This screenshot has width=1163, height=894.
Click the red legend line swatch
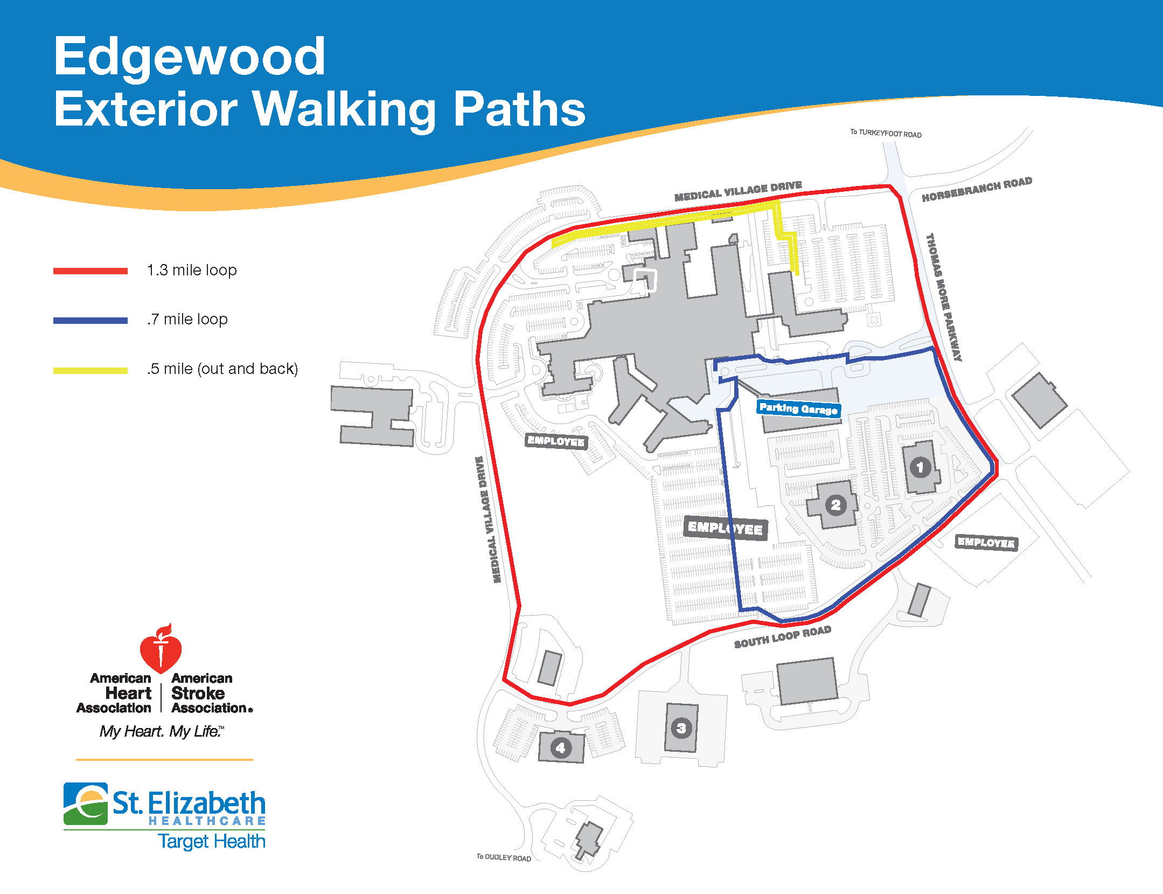[x=90, y=271]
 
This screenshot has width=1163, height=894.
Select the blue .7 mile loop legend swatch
[x=90, y=321]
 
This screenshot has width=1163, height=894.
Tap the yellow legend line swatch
[x=90, y=370]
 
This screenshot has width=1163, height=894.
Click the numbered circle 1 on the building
[x=920, y=467]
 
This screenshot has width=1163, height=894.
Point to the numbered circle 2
[x=835, y=505]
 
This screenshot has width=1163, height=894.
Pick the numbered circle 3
[x=681, y=729]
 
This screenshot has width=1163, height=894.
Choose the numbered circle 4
[x=561, y=748]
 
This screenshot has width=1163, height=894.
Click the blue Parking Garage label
[x=798, y=408]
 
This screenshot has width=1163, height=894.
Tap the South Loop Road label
[x=783, y=637]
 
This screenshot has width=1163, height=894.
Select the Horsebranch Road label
[x=977, y=189]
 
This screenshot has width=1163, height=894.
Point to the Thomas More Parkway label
[x=944, y=297]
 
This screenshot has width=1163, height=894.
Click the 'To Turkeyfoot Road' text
[x=886, y=133]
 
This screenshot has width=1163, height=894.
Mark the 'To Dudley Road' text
[x=504, y=857]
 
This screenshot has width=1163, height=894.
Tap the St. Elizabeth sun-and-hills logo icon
[x=86, y=804]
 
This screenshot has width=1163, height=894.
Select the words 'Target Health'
[x=212, y=841]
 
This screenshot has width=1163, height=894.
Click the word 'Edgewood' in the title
[x=190, y=56]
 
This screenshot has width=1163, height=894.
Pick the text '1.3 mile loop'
[x=192, y=270]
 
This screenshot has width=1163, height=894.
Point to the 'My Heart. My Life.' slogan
[x=162, y=731]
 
